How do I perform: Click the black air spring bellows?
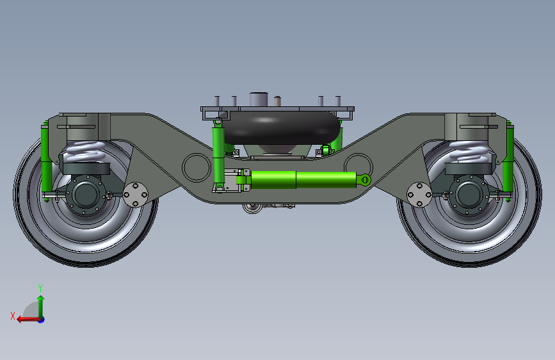282,128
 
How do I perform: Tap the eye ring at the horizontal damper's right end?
364,179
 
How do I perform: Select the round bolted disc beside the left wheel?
136,194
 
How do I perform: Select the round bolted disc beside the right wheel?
419,194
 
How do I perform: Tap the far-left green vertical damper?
46,160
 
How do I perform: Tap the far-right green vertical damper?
508,160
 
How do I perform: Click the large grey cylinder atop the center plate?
258,100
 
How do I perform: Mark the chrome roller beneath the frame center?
251,208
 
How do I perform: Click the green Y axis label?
40,288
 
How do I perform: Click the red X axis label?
13,316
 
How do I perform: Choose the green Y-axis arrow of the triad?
40,304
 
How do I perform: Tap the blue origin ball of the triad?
41,319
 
